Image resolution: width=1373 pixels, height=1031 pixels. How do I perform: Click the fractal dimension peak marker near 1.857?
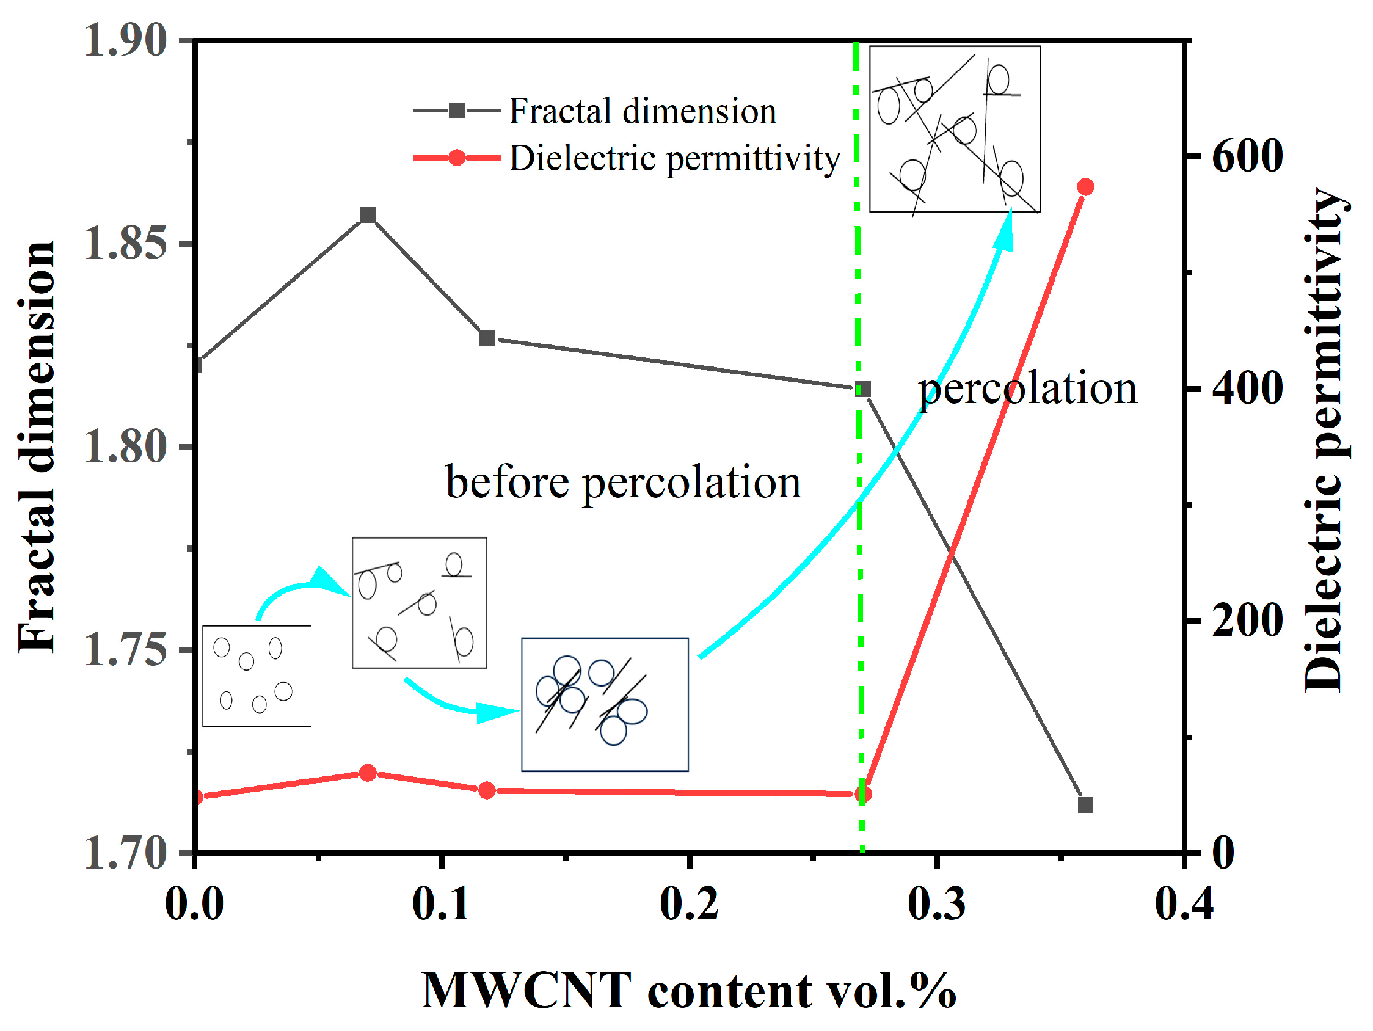(368, 216)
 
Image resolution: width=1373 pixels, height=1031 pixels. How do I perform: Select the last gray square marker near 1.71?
(1085, 805)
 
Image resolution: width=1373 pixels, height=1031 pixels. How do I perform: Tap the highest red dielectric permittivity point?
(1085, 187)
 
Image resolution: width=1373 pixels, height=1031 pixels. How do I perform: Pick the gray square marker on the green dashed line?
(863, 390)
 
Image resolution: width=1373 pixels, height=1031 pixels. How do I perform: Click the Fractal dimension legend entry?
(643, 112)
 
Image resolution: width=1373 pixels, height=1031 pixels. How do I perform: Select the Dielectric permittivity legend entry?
(674, 158)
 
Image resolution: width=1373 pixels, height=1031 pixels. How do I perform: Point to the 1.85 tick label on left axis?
(126, 243)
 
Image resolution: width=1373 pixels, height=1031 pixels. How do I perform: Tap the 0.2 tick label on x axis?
(689, 904)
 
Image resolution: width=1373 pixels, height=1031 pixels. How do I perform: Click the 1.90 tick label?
(126, 41)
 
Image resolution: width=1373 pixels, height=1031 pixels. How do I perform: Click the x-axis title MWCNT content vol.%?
(689, 990)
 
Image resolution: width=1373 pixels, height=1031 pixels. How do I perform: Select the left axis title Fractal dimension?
(37, 447)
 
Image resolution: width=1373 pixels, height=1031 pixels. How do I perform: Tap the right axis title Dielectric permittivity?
(1325, 441)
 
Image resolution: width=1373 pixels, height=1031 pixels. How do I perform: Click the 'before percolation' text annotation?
(623, 483)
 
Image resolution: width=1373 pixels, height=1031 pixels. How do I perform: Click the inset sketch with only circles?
(257, 676)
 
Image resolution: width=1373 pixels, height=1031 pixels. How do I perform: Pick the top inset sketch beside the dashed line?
(955, 129)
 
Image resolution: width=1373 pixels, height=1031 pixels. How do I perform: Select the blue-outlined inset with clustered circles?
(605, 704)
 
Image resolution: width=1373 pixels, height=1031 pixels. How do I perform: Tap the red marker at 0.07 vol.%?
(368, 773)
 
